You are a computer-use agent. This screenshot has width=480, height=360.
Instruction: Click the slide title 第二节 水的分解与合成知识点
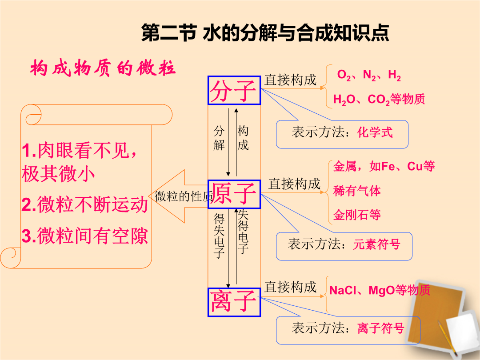265,33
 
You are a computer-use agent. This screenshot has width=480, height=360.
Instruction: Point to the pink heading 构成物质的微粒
103,68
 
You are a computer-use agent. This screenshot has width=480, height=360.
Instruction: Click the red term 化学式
375,132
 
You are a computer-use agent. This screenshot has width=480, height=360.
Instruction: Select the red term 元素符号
377,244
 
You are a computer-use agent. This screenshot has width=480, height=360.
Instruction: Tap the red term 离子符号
381,328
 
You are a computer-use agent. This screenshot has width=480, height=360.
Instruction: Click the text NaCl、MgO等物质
380,290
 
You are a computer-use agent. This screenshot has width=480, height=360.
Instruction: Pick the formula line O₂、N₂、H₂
369,75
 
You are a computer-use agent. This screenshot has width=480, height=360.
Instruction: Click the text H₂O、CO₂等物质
379,99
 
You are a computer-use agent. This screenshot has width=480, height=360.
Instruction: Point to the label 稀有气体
357,191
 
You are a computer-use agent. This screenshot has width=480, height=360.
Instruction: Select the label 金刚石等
357,215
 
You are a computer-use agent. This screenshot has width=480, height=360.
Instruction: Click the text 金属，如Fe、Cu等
384,166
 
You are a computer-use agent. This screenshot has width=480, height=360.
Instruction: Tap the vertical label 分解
219,138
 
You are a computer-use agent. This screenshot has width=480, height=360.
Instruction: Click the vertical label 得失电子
219,236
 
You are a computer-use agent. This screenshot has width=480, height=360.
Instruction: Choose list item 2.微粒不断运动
85,204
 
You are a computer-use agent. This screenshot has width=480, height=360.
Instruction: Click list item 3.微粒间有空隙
85,236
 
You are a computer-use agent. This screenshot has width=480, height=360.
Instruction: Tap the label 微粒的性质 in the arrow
184,196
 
